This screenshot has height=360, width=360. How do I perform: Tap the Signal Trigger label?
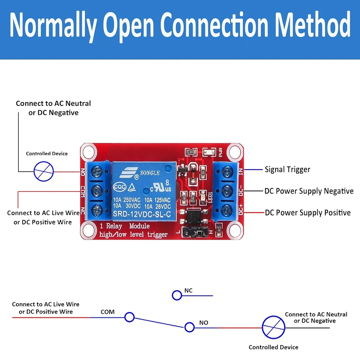287,169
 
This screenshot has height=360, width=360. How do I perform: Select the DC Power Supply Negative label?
309,191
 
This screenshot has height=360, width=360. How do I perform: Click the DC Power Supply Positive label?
307,213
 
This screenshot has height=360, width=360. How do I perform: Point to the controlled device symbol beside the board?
44,171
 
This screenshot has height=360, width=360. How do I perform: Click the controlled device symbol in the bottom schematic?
273,327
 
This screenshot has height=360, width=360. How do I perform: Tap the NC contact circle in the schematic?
177,295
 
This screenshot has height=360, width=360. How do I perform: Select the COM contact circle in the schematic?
129,317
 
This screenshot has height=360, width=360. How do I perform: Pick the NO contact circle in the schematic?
189,327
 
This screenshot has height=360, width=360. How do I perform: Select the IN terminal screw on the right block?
228,170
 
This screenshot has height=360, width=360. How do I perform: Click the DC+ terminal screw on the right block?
228,210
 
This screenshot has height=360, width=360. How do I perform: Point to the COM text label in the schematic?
107,312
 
